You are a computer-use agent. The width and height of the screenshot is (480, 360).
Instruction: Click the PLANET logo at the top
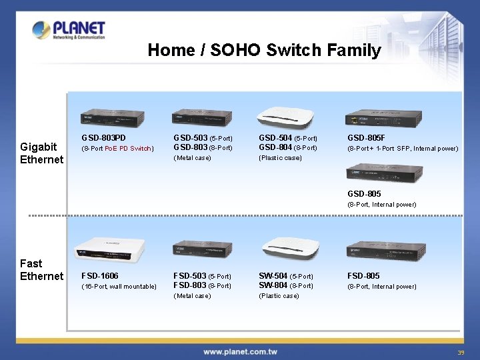tap(69, 30)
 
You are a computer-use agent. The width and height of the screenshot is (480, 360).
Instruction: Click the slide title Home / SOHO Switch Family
tap(264, 50)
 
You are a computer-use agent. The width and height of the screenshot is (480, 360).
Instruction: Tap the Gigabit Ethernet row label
tap(41, 153)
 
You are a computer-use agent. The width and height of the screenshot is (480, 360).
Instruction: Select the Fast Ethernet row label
tap(41, 270)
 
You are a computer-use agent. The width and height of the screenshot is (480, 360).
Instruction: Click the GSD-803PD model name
tap(103, 138)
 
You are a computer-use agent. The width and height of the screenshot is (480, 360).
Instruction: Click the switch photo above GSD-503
tap(201, 118)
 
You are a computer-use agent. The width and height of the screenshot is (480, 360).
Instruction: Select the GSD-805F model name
tap(366, 138)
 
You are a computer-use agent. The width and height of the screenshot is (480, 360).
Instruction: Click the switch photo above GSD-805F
tap(383, 118)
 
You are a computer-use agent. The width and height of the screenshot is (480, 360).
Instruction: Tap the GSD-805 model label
tap(364, 194)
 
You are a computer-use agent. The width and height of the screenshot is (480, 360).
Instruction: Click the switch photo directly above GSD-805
tap(383, 173)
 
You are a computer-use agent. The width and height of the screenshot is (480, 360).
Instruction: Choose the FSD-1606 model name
tap(101, 275)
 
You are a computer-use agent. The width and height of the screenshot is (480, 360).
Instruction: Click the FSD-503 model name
tap(189, 275)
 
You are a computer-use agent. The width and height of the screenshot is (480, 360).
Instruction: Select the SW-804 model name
tap(273, 285)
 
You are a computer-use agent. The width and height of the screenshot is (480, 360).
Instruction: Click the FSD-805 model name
tap(363, 275)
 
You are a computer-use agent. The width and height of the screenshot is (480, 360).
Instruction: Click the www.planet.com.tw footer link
tap(241, 351)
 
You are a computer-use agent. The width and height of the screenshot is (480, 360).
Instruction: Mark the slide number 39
tap(461, 352)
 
